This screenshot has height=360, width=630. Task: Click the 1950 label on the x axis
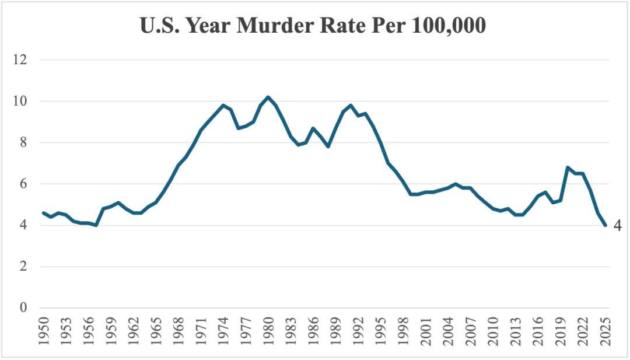click(43, 331)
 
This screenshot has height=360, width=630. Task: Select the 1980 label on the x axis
click(268, 331)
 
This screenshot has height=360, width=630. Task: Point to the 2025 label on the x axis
click(605, 331)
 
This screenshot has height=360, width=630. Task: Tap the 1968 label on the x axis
click(178, 331)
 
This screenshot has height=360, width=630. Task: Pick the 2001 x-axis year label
click(426, 331)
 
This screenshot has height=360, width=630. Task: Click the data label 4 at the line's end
click(617, 226)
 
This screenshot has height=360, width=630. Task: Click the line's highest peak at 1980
click(268, 97)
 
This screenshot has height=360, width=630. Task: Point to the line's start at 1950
click(43, 213)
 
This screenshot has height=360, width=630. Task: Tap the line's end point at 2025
click(605, 225)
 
